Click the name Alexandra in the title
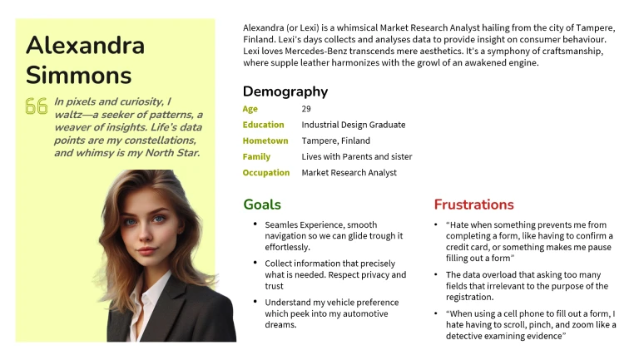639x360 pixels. click(85, 45)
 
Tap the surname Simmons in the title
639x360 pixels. click(78, 75)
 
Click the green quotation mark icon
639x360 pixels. click(36, 106)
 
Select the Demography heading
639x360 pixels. click(285, 91)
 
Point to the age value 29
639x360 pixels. click(306, 109)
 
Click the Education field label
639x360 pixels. click(263, 125)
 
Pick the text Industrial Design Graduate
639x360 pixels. click(353, 125)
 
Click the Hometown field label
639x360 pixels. click(265, 141)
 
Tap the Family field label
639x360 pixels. click(256, 156)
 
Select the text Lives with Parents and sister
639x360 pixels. click(356, 156)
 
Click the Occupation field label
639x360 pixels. click(266, 173)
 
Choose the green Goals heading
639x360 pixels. click(262, 205)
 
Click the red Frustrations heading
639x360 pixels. click(473, 205)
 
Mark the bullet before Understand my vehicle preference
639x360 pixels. click(254, 303)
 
